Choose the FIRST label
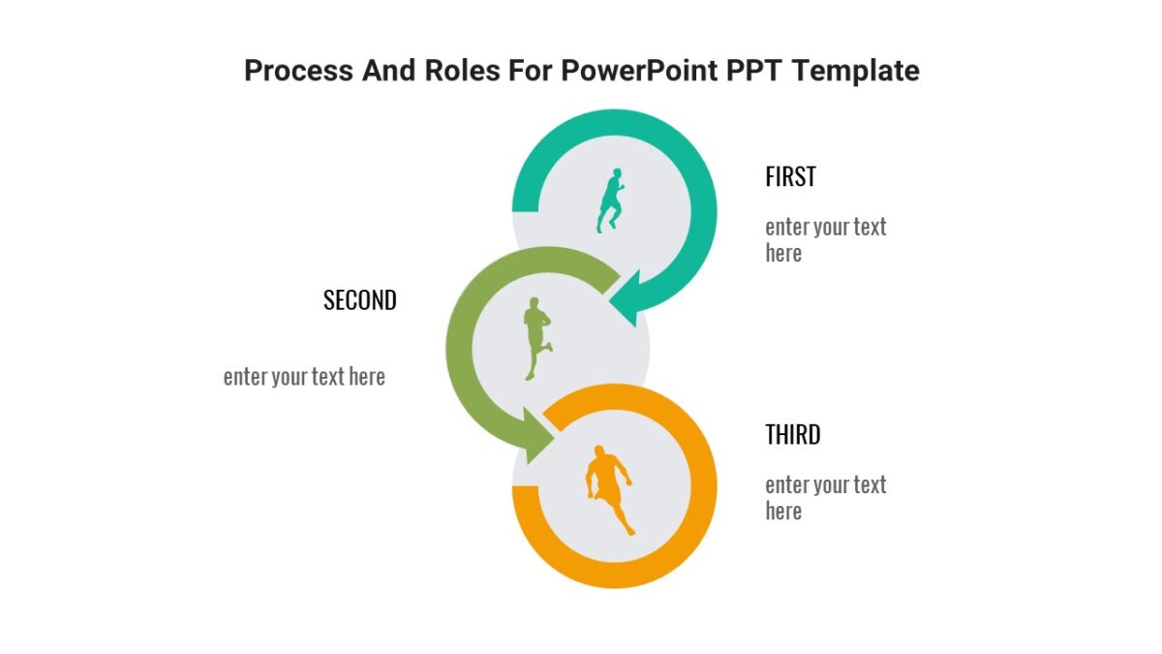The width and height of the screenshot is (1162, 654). (790, 177)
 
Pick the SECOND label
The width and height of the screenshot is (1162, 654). (360, 300)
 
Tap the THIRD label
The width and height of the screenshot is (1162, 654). (793, 435)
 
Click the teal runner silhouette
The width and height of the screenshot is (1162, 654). (610, 202)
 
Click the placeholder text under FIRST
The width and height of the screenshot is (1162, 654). (825, 240)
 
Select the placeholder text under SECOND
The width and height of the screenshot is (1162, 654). (304, 377)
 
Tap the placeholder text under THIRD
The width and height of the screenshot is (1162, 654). (825, 498)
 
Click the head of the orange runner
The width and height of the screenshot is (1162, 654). (600, 452)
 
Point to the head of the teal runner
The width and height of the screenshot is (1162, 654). (616, 172)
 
